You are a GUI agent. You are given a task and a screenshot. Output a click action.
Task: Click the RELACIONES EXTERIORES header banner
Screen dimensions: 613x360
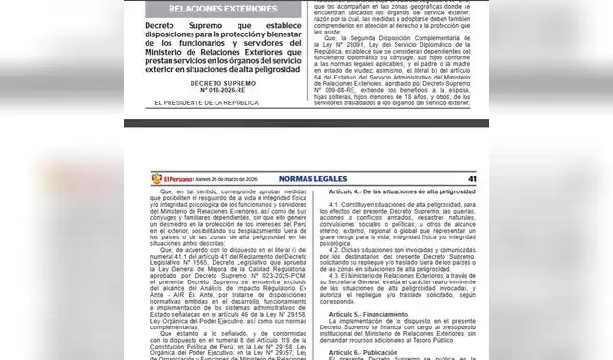(x=216, y=8)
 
